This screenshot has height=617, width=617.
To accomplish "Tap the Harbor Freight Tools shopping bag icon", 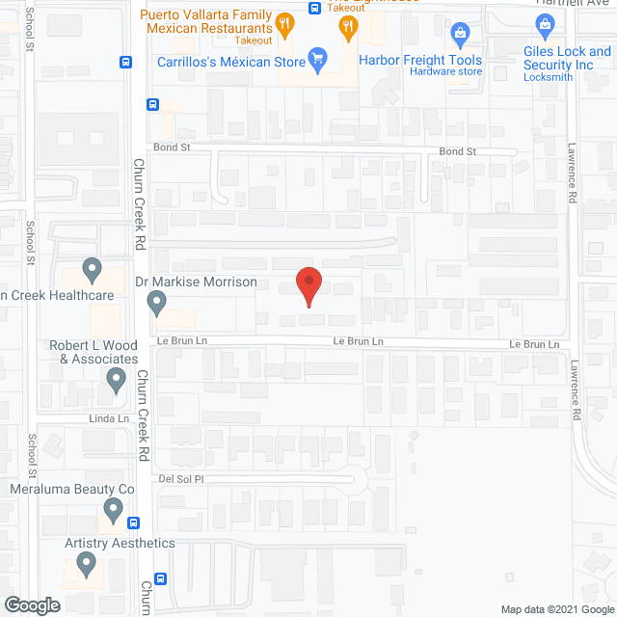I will coord(460,35).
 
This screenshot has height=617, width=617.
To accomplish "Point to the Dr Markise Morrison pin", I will coord(157,305).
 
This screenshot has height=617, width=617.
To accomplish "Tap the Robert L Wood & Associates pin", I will coord(116,381).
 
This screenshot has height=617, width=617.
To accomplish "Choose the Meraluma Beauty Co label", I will coord(71,490).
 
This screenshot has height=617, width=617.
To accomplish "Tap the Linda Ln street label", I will coord(109,418).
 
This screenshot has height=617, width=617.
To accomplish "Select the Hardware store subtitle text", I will coord(445,71).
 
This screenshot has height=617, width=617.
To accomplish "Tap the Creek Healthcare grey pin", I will coord(92,267).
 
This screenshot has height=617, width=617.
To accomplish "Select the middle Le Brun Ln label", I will coord(359,341).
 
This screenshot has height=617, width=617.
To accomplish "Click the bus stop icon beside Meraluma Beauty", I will coord(132,523).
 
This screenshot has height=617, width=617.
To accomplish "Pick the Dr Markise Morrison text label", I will coord(196,282).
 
